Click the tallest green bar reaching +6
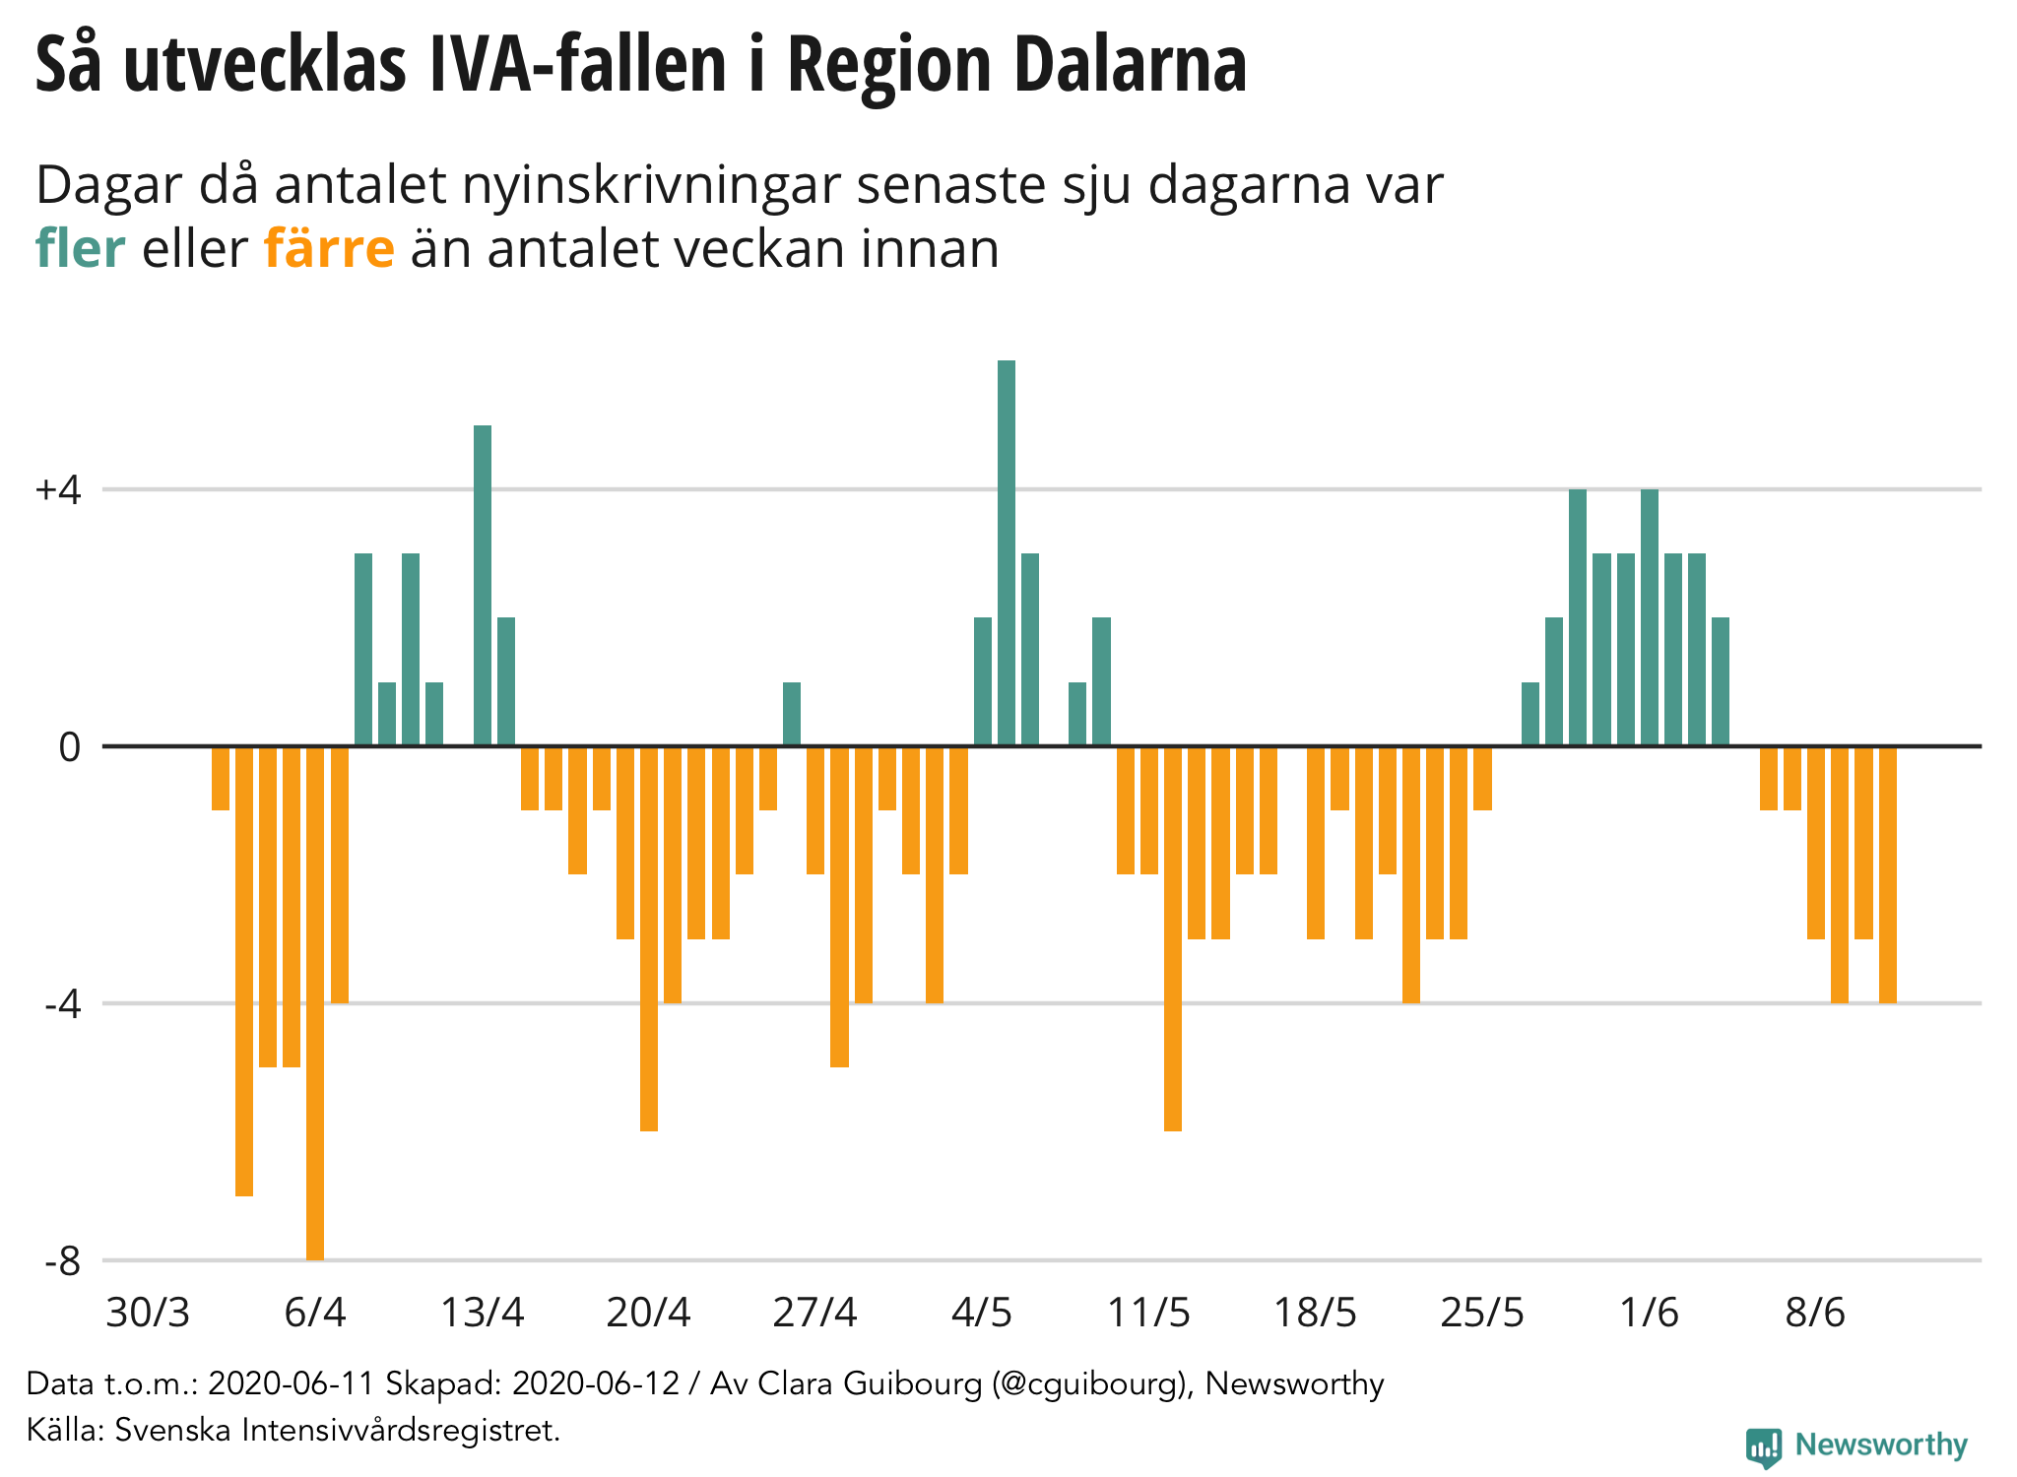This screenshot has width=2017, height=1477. coord(1006,551)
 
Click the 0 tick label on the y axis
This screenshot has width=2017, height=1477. coord(69,747)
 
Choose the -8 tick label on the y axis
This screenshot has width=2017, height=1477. coord(62,1261)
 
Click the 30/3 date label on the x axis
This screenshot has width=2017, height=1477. coord(148,1313)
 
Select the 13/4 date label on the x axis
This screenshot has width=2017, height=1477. coord(482,1313)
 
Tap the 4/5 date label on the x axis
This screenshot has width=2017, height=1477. coord(982,1313)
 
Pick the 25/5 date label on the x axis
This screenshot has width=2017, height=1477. coord(1481,1313)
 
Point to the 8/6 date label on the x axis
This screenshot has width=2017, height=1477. coord(1815,1313)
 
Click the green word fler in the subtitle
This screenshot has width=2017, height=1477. coord(80,248)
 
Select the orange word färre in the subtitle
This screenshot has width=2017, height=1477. coord(329,248)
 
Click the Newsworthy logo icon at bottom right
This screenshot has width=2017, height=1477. coord(1763,1446)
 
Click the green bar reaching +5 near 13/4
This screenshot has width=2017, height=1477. coord(483,586)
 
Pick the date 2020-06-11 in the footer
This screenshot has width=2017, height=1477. coord(292,1383)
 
